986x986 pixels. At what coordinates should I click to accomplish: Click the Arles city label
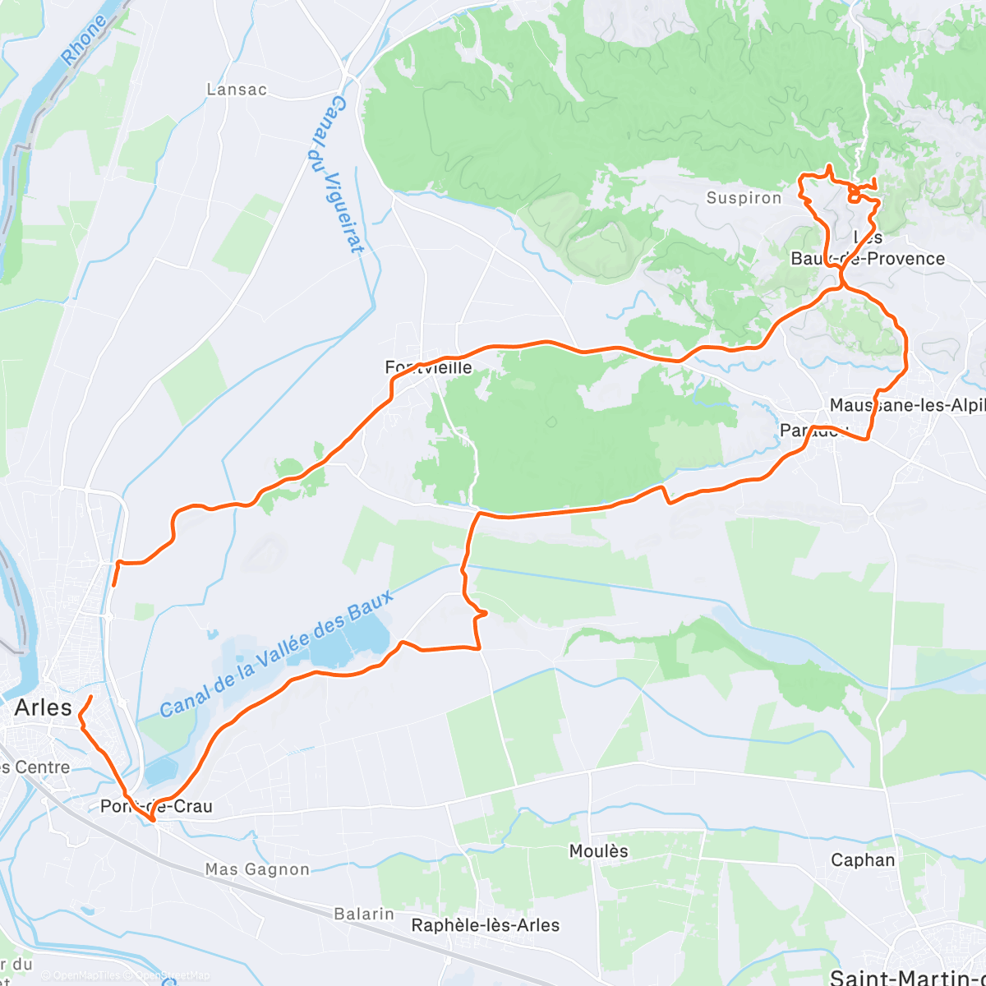[44, 708]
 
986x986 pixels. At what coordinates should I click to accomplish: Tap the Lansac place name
[237, 90]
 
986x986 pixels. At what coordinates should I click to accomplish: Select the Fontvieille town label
[429, 367]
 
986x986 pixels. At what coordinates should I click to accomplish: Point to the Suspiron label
[744, 198]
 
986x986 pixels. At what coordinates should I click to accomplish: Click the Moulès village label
[598, 851]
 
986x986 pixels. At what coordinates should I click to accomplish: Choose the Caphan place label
[863, 860]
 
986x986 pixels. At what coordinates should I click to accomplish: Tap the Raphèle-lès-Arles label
[486, 925]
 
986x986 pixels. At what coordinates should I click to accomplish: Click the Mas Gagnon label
[257, 869]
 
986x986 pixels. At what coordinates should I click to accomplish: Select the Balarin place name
[364, 914]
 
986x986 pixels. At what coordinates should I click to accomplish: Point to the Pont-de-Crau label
[156, 806]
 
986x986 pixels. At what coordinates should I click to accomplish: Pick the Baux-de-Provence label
[868, 258]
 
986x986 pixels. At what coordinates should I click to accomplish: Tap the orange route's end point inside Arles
[90, 698]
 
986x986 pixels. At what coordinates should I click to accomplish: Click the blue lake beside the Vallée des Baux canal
[345, 641]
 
